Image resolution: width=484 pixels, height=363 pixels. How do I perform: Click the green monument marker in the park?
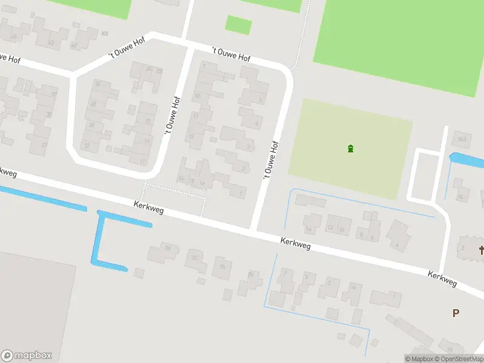coord(350,149)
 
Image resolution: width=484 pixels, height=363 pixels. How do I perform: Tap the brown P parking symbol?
coord(456,313)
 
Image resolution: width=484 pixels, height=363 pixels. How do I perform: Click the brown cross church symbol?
coord(482,249)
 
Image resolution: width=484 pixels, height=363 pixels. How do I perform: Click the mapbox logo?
coord(27,356)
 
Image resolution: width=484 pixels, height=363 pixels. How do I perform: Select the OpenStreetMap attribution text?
coord(458,359)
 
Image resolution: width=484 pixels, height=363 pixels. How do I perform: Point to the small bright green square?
coord(238,25)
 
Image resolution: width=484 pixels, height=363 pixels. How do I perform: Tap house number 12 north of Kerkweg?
coord(330,228)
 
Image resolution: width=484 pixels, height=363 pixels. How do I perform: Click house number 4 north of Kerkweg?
coord(397,244)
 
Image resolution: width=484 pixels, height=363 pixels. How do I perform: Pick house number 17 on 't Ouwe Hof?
coord(143,162)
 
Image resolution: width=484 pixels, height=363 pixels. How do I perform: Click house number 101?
coord(105,33)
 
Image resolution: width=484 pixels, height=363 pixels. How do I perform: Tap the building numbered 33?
coord(44,145)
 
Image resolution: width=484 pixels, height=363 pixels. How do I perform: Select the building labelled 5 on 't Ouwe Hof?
coord(260,100)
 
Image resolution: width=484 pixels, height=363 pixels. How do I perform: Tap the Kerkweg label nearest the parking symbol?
coord(442,279)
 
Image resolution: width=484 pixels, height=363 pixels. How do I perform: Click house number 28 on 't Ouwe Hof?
coord(94,104)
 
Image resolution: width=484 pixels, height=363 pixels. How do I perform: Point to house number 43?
coord(51,42)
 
